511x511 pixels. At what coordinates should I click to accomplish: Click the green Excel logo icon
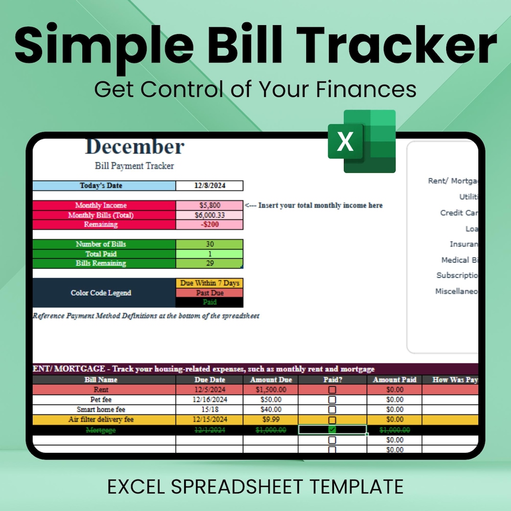point(362,141)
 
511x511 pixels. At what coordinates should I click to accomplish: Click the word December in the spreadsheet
point(135,147)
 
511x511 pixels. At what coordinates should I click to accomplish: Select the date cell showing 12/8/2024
point(210,185)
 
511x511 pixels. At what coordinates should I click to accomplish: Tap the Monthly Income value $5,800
point(210,205)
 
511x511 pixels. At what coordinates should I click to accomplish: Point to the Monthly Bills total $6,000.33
point(210,215)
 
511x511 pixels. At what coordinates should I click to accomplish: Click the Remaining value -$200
point(210,225)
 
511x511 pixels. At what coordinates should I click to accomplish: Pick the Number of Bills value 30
point(210,244)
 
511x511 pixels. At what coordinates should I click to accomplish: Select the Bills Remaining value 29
point(210,264)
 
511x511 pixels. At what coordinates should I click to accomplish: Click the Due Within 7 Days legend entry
point(210,283)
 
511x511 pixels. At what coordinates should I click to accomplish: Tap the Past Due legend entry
point(210,293)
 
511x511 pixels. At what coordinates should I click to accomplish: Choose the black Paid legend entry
point(210,302)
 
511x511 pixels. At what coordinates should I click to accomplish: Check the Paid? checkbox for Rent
point(332,390)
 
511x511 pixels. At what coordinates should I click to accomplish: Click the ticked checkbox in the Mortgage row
point(332,430)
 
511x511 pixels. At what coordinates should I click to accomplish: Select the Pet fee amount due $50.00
point(271,400)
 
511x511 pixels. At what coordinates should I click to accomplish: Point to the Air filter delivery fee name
point(101,420)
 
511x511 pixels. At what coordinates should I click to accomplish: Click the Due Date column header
point(209,380)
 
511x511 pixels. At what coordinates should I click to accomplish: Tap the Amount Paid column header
point(395,380)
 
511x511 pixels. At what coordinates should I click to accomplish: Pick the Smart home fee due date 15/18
point(209,410)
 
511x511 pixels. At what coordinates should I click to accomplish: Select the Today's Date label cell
point(104,185)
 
